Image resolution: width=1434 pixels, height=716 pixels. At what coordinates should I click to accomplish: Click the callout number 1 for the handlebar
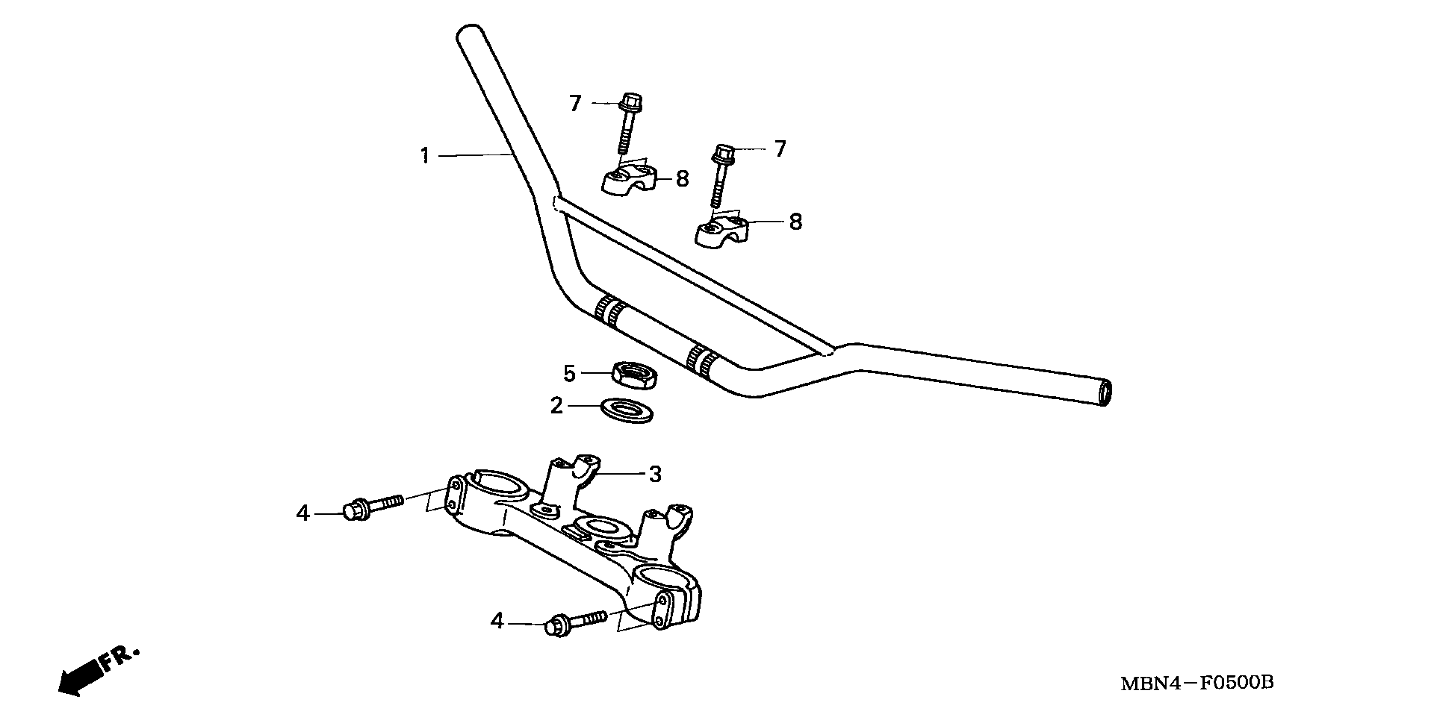425,156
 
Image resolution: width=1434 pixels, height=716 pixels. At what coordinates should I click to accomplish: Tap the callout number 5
569,373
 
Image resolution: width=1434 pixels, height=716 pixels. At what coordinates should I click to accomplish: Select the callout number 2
556,406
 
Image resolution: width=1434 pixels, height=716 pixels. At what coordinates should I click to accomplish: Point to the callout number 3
655,474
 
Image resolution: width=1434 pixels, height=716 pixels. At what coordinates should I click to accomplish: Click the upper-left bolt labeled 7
628,123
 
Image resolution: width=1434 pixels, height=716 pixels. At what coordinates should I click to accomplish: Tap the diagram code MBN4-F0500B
1197,683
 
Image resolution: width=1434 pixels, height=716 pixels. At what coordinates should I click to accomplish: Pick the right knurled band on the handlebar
700,362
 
